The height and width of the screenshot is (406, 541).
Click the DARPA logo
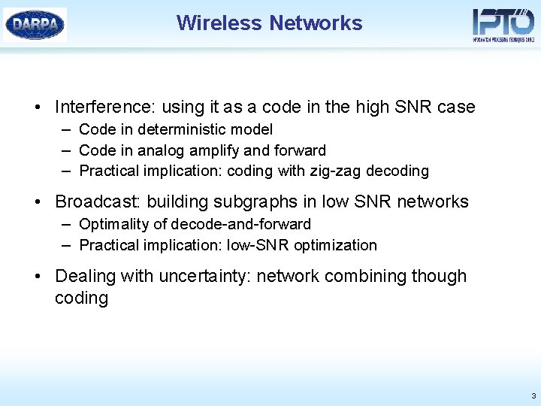point(35,24)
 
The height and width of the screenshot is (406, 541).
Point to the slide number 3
point(533,395)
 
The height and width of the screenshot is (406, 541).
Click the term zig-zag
point(335,171)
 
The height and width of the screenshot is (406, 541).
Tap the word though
point(440,276)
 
